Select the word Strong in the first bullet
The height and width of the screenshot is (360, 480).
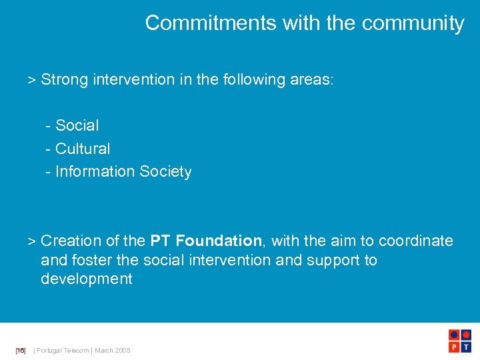coord(65,80)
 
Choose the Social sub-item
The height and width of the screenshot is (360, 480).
coord(77,125)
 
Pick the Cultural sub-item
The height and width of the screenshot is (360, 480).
coord(83,149)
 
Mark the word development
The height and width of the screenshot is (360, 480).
coord(87,279)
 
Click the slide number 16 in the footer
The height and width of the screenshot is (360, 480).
coord(21,351)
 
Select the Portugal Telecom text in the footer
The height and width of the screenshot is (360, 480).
coord(63,351)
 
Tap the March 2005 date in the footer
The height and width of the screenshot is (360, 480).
coord(113,351)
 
